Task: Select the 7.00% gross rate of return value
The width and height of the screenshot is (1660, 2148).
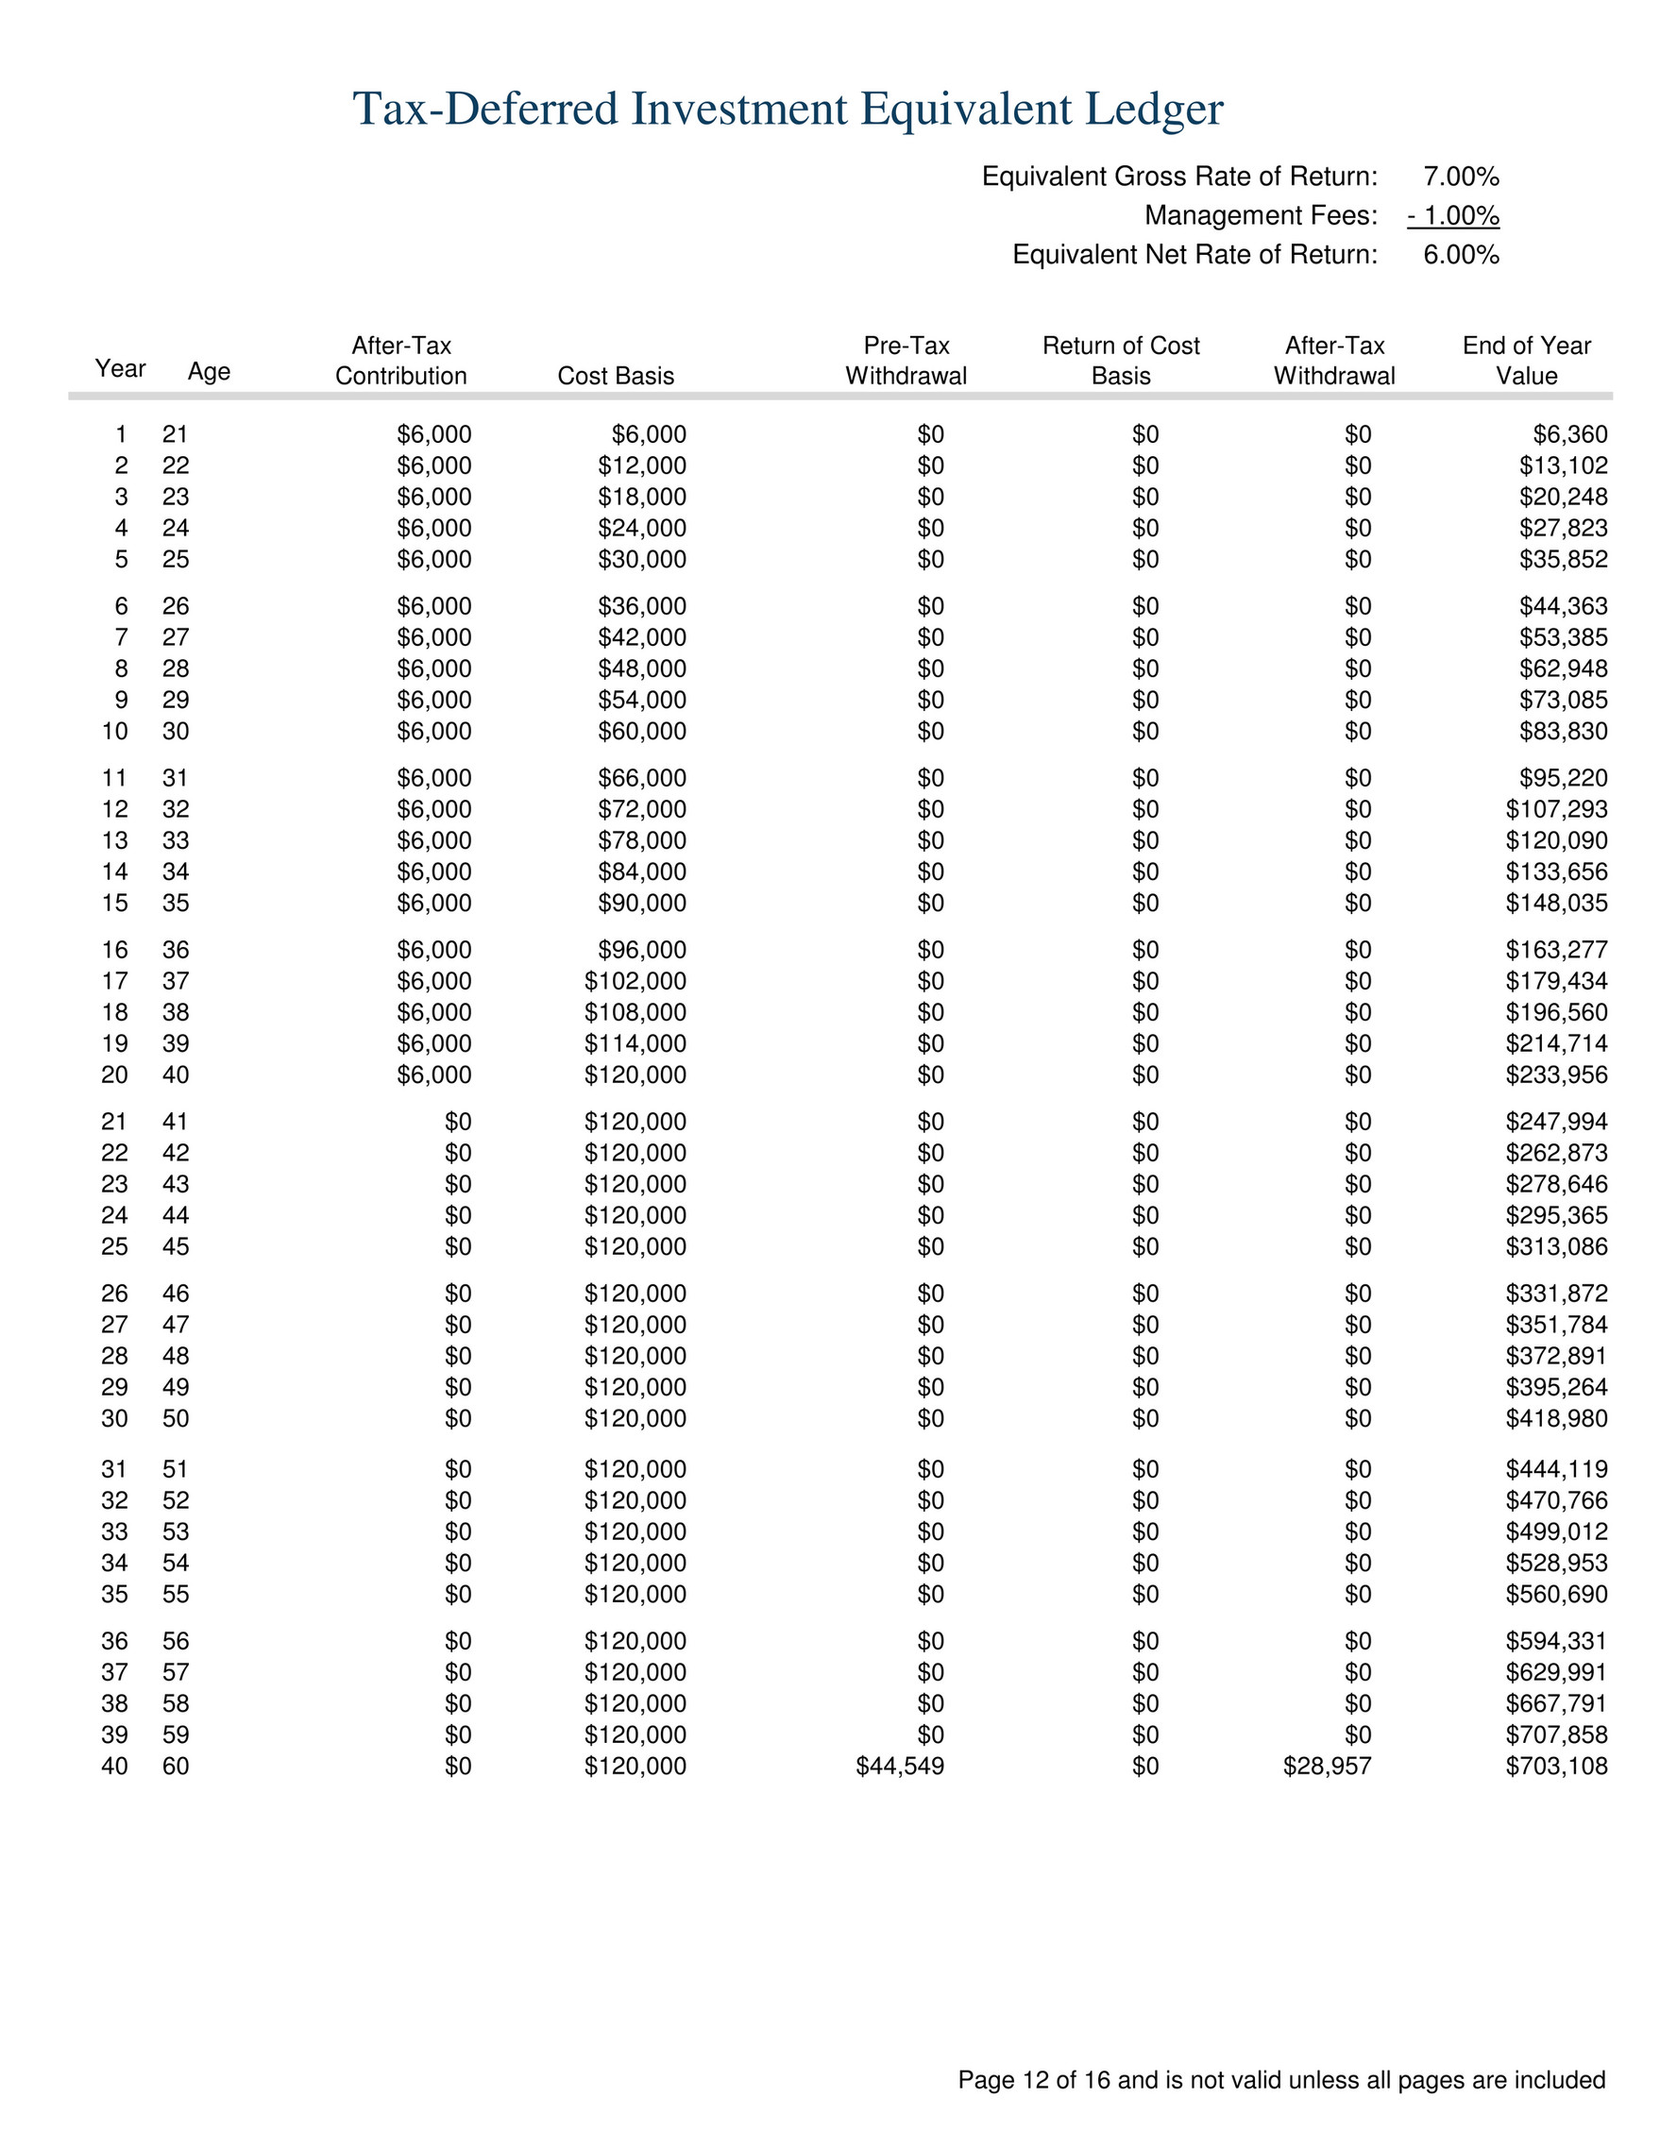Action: coord(1461,178)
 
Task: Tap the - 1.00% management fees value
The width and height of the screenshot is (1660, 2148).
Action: coord(1452,215)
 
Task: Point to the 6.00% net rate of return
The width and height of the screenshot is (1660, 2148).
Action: coord(1461,256)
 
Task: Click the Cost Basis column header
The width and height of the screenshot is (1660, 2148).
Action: coord(616,376)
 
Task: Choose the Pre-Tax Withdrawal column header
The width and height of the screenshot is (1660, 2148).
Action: coord(906,361)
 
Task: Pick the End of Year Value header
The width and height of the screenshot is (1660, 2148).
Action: coord(1526,361)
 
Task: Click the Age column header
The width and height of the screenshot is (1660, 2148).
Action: coord(209,372)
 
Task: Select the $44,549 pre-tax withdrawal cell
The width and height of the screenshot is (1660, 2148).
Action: coord(900,1767)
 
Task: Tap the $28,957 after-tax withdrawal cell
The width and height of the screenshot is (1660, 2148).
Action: coord(1327,1767)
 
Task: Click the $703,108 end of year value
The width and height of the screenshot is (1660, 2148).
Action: coord(1556,1767)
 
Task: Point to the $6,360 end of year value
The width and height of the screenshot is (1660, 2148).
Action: coord(1569,434)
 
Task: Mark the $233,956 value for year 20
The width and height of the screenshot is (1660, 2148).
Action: coord(1556,1075)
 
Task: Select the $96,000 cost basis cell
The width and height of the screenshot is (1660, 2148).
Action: coord(641,950)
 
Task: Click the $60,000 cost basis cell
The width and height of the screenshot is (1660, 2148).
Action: coord(641,732)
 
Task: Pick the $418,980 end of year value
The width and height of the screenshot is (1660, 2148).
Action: coord(1556,1418)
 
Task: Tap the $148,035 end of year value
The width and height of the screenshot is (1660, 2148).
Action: coord(1556,903)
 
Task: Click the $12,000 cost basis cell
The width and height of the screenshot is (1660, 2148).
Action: coord(641,466)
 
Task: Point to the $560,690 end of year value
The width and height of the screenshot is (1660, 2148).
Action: coord(1556,1595)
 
